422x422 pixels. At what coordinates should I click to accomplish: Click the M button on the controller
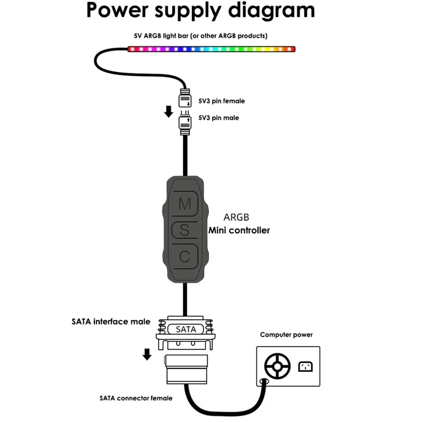185,203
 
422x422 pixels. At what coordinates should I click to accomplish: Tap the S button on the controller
184,230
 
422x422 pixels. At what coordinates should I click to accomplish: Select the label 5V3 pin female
222,101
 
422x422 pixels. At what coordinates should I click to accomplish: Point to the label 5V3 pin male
218,118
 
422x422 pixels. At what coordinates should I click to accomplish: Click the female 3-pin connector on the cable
185,99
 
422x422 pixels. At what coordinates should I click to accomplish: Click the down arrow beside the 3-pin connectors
168,111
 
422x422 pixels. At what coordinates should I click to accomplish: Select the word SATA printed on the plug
185,329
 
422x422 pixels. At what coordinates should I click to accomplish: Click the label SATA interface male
111,321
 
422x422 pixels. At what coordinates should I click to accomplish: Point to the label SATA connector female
136,398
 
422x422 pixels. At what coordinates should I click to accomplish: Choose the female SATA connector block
185,370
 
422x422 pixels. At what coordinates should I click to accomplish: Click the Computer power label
286,335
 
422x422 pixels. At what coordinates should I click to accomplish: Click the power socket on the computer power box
305,365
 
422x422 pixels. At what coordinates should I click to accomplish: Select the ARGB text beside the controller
236,217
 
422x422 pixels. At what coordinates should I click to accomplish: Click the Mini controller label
239,230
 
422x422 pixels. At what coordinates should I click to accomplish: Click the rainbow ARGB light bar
211,49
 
